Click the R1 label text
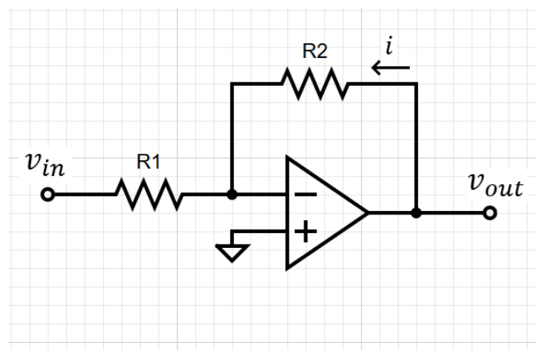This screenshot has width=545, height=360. coord(147,162)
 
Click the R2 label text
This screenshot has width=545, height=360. coord(314,51)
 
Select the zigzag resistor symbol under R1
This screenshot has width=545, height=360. coord(148,195)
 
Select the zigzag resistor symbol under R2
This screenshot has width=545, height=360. coord(315,83)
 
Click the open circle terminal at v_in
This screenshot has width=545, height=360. coord(47,195)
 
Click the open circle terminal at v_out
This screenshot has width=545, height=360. coord(489,214)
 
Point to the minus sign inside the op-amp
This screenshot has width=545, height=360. coord(304,195)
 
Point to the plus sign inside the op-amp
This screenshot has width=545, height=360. coord(304,232)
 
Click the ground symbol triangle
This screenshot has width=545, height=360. coord(232,254)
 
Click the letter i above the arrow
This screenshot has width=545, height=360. coord(390,47)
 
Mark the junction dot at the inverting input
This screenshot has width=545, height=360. coord(232,195)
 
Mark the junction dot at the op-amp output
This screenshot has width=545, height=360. coord(417,214)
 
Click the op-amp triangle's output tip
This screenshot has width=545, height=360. coord(367,214)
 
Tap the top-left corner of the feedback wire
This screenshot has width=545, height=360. coord(232,83)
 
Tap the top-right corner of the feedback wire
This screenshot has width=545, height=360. coord(417,83)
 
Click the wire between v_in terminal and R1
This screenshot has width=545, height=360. coord(82,195)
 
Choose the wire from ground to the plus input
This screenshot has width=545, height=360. coord(260,232)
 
